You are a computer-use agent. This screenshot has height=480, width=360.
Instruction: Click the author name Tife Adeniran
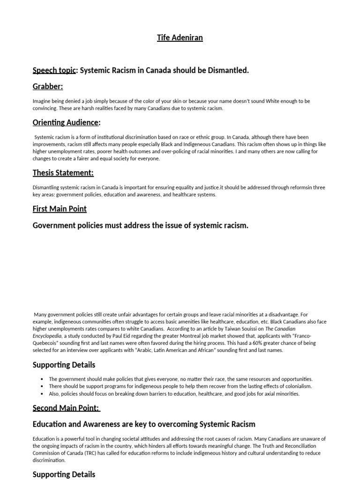click(180, 37)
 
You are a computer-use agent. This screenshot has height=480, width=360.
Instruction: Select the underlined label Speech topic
click(54, 70)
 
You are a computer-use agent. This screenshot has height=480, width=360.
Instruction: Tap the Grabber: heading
click(48, 86)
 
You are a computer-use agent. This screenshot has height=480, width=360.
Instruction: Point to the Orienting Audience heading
click(66, 122)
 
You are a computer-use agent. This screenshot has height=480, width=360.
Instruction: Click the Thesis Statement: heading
click(63, 173)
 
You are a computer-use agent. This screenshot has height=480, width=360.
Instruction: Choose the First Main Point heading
click(60, 209)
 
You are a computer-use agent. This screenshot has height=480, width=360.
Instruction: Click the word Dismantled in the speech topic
click(227, 70)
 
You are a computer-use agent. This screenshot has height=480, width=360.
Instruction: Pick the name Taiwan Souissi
click(245, 329)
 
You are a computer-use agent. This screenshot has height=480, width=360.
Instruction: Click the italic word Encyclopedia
click(47, 336)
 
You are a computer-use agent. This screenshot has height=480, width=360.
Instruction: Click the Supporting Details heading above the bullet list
click(64, 365)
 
